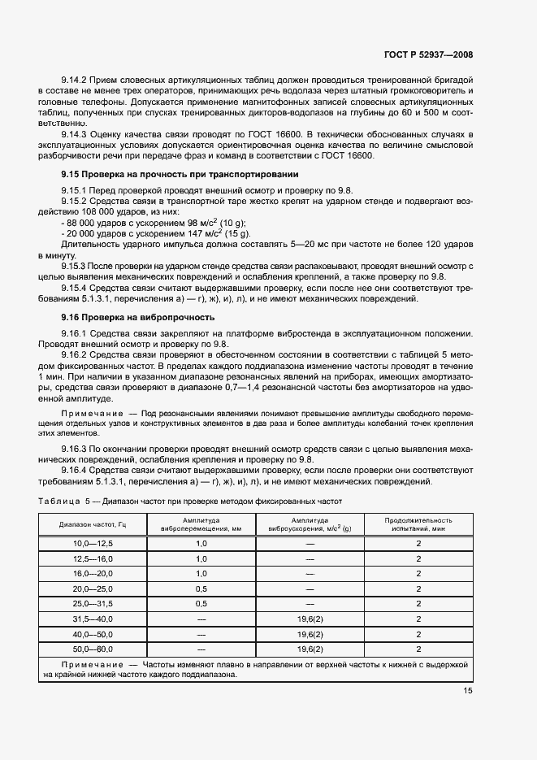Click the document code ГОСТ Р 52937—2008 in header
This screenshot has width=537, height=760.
coord(427,55)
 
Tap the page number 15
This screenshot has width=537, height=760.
coord(468,691)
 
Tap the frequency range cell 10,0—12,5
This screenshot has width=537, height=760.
coord(93,542)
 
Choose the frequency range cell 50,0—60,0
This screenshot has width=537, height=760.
coord(93,649)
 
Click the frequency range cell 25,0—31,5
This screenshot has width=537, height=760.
coord(93,604)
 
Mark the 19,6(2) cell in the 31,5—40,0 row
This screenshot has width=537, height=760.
coord(310,619)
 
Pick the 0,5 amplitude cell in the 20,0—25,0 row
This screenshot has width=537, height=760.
coord(201,588)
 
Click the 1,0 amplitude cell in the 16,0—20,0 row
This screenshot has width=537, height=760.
coord(201,573)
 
